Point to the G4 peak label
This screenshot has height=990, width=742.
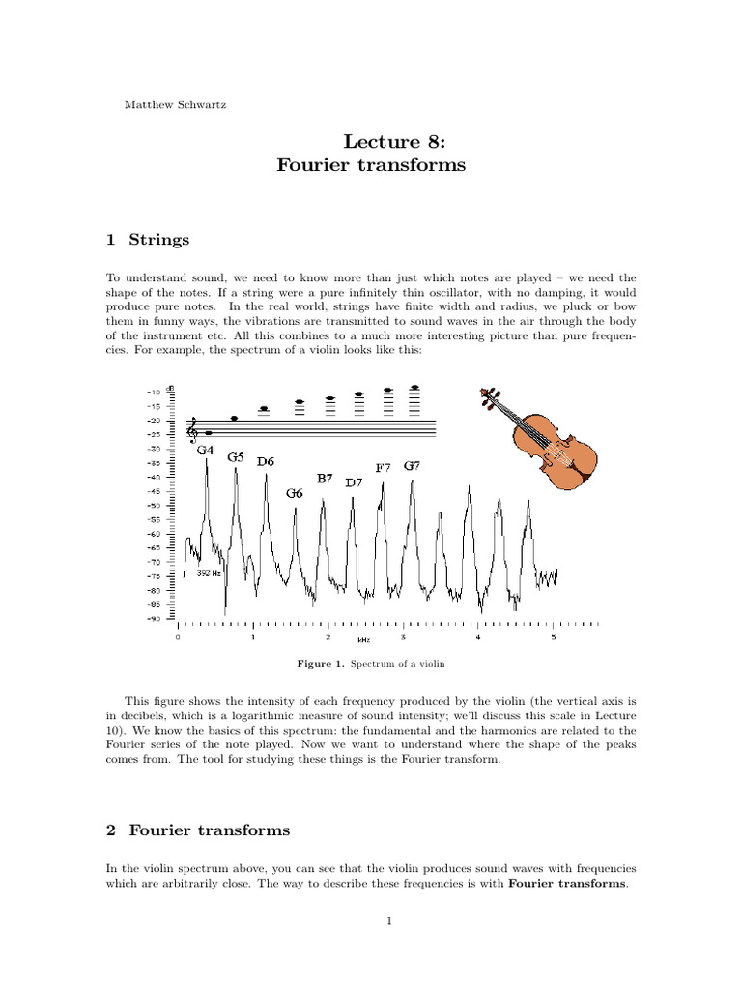click(x=205, y=451)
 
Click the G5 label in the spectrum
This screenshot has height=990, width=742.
click(x=236, y=457)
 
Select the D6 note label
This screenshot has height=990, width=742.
click(x=266, y=462)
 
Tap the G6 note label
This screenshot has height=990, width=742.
click(x=294, y=493)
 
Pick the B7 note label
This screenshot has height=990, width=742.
click(x=325, y=478)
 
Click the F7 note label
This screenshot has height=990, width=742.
click(x=383, y=468)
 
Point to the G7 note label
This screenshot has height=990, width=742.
click(x=412, y=465)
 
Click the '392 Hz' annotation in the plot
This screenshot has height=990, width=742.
click(x=209, y=573)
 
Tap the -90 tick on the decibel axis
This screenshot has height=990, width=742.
click(x=154, y=619)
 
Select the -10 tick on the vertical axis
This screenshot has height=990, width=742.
click(x=154, y=393)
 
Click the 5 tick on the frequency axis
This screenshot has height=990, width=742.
click(x=553, y=637)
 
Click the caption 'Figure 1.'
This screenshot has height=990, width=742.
click(x=320, y=666)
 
